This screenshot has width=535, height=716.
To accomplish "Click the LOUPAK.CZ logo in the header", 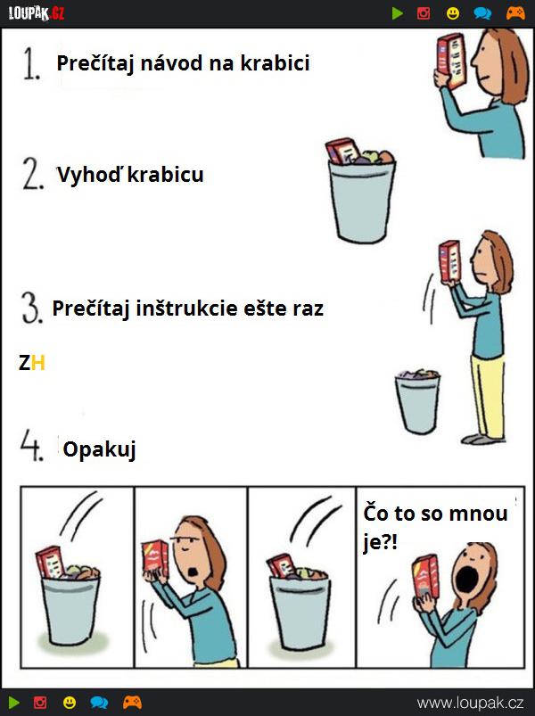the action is pyautogui.click(x=37, y=13).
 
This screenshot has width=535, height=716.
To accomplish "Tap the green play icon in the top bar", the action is pyautogui.click(x=397, y=13).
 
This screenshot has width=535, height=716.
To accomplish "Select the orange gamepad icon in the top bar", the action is pyautogui.click(x=515, y=13).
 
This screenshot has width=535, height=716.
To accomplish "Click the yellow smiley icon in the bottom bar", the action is pyautogui.click(x=70, y=703).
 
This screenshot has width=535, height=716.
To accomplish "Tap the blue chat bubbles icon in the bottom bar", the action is pyautogui.click(x=99, y=703).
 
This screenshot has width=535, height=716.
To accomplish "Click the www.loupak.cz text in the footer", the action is pyautogui.click(x=470, y=703).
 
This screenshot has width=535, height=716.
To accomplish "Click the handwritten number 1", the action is pyautogui.click(x=31, y=64).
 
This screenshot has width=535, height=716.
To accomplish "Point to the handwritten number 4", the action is pyautogui.click(x=32, y=445).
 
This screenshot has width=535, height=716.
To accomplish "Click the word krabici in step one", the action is pyautogui.click(x=275, y=63).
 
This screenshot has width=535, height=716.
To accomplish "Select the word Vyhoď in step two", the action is pyautogui.click(x=89, y=175).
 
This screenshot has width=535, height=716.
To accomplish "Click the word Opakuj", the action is pyautogui.click(x=100, y=449).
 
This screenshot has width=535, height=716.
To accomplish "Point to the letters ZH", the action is pyautogui.click(x=32, y=363).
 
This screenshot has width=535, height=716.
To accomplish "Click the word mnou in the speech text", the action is pyautogui.click(x=478, y=514).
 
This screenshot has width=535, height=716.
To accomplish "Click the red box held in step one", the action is pyautogui.click(x=451, y=61).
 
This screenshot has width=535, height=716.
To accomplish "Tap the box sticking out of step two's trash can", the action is pyautogui.click(x=342, y=151).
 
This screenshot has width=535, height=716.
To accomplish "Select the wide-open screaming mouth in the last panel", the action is pyautogui.click(x=466, y=577).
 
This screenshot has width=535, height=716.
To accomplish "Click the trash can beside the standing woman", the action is pyautogui.click(x=417, y=401).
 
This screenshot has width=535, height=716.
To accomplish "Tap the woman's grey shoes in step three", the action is pyautogui.click(x=482, y=440).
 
